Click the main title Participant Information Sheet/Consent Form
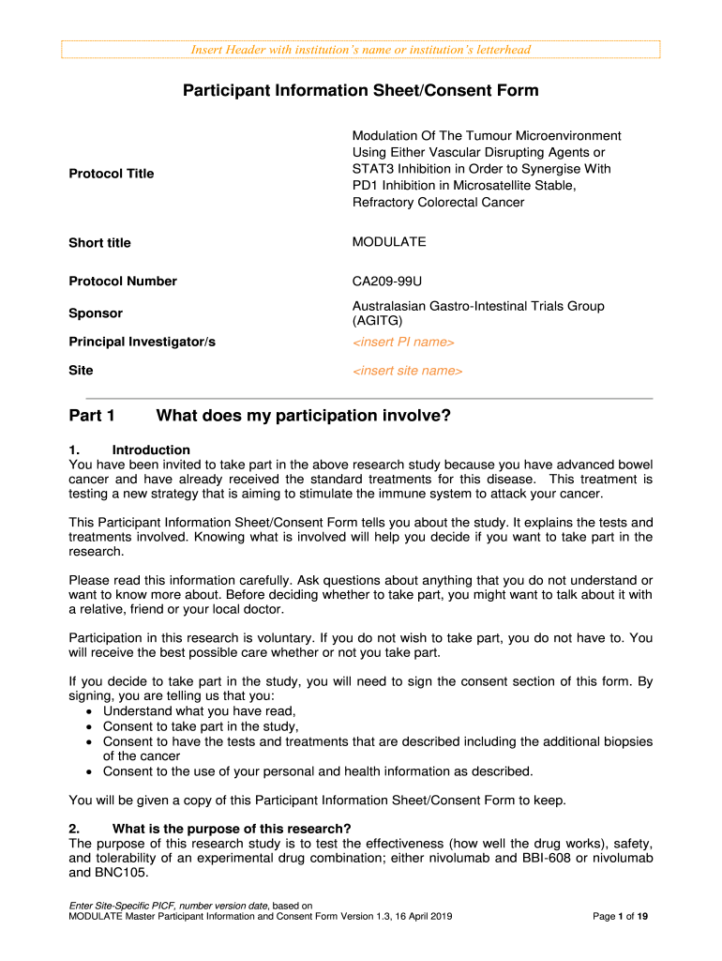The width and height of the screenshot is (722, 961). pyautogui.click(x=360, y=90)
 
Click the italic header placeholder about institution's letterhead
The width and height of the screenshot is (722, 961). pyautogui.click(x=360, y=50)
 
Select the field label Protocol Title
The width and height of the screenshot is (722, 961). pyautogui.click(x=112, y=174)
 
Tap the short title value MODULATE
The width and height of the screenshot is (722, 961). pyautogui.click(x=389, y=242)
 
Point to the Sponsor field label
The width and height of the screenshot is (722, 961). pyautogui.click(x=96, y=313)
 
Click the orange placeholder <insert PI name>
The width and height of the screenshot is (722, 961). pyautogui.click(x=403, y=342)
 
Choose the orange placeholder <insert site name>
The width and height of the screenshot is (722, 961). pyautogui.click(x=407, y=371)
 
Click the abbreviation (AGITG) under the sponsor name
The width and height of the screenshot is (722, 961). pyautogui.click(x=379, y=321)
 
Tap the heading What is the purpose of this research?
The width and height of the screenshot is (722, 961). pyautogui.click(x=231, y=828)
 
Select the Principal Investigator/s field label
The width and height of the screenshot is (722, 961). pyautogui.click(x=143, y=343)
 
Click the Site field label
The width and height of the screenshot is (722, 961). pyautogui.click(x=82, y=371)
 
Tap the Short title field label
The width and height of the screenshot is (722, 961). pyautogui.click(x=100, y=243)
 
